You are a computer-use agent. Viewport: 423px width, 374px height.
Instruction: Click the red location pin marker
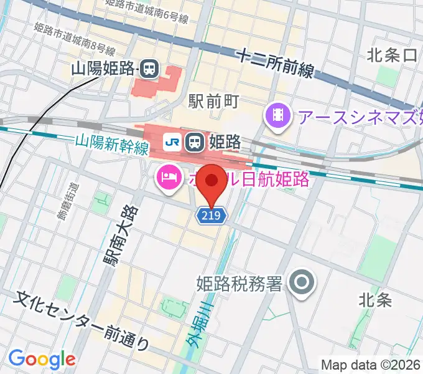pos(213,183)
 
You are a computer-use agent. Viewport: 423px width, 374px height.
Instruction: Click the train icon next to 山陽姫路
pos(149,69)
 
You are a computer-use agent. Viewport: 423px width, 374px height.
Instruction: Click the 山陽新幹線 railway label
pos(112,146)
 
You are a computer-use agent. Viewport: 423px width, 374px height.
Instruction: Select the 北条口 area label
pos(392,55)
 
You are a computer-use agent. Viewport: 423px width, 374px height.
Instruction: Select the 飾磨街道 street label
pos(67,201)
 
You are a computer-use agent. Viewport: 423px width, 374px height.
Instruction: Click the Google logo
pos(42,358)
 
